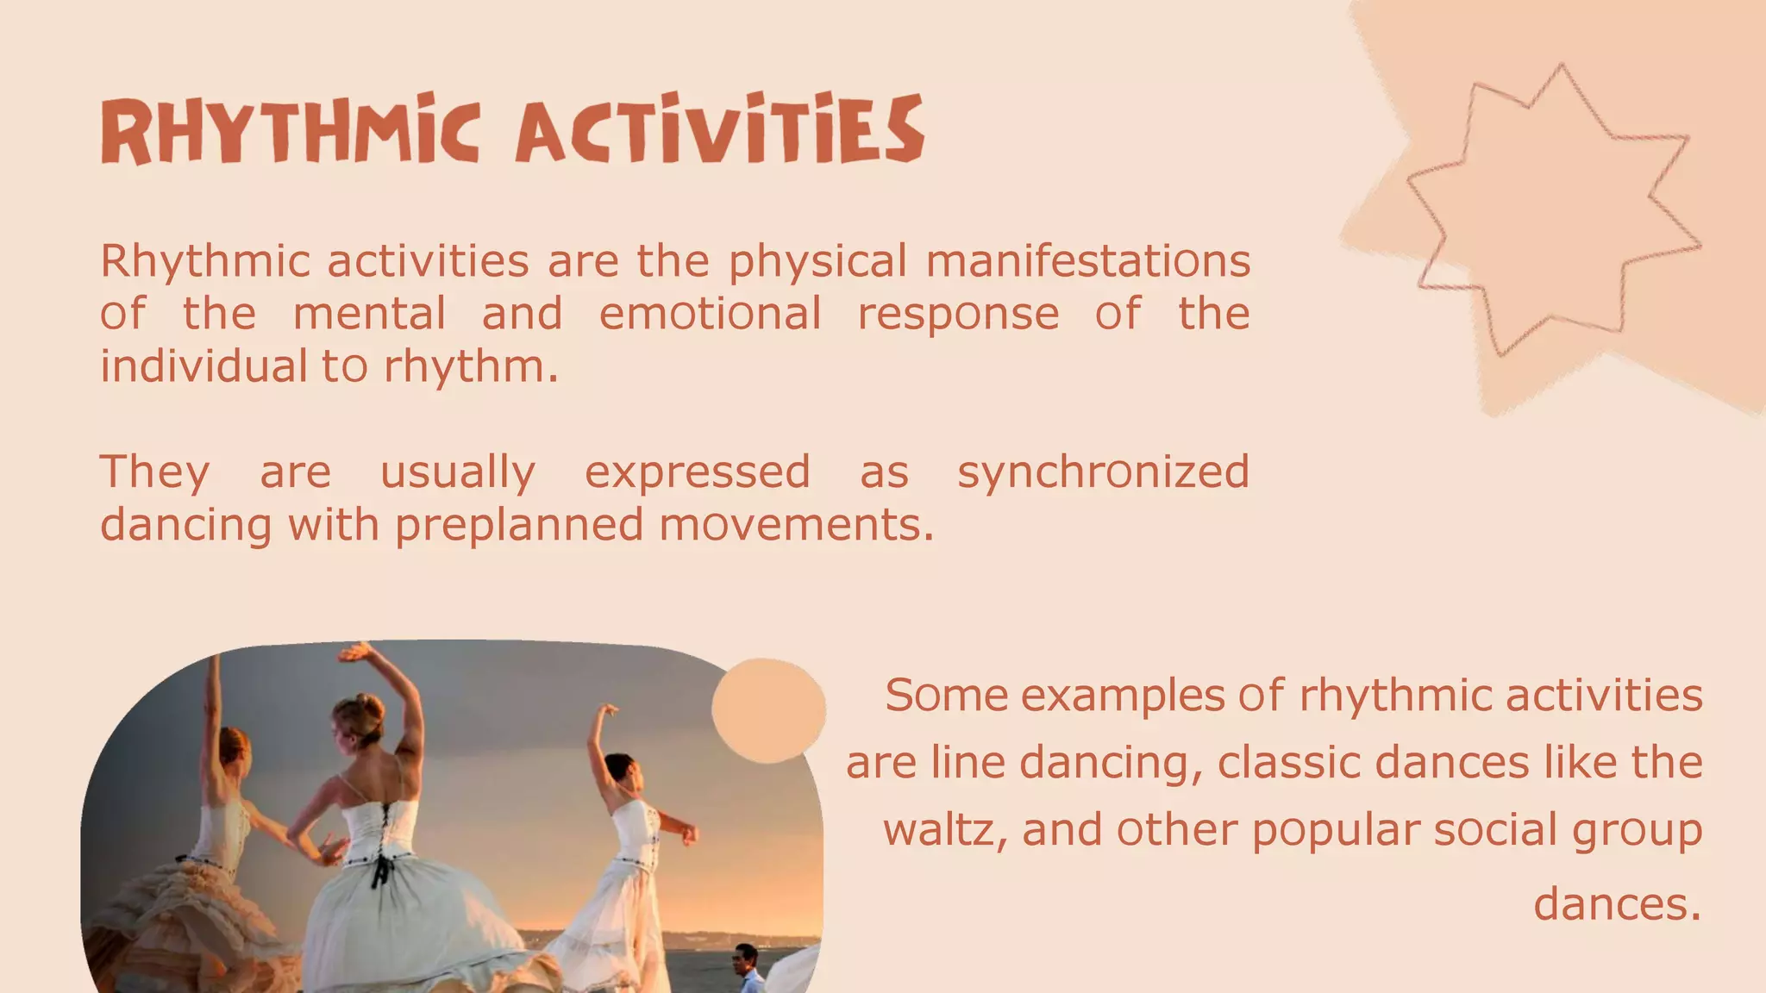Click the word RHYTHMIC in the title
(x=290, y=131)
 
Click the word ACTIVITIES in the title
(x=720, y=131)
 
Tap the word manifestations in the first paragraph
(x=1087, y=261)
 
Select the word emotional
(x=710, y=314)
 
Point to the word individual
(x=204, y=366)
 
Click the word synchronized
(x=1103, y=472)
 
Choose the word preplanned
(x=519, y=525)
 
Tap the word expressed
(x=697, y=472)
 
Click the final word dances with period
(x=1617, y=904)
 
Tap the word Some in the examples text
(x=946, y=696)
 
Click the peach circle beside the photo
(x=768, y=710)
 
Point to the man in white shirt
(x=747, y=970)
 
